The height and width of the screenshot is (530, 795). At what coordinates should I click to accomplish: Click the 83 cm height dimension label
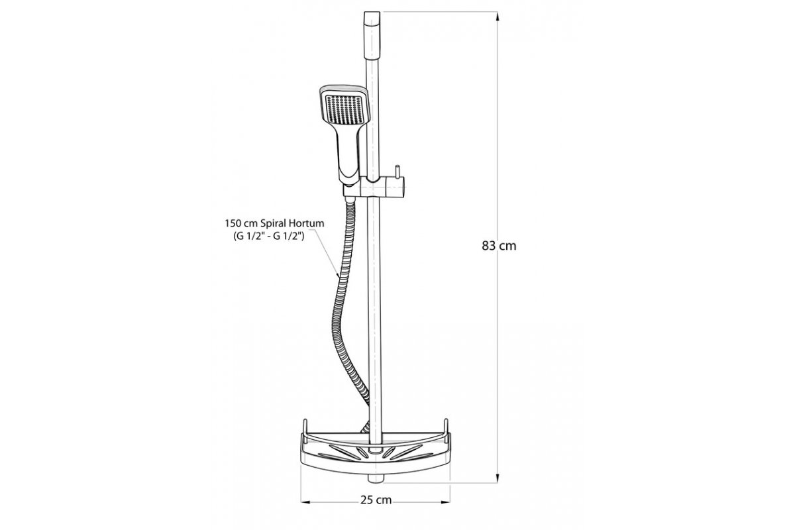click(499, 246)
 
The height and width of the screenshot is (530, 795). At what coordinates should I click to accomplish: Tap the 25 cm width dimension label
click(376, 500)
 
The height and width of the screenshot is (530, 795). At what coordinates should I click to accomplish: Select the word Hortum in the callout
click(306, 223)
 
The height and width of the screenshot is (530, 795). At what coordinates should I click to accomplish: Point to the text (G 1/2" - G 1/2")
click(269, 237)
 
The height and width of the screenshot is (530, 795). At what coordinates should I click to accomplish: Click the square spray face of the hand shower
click(344, 109)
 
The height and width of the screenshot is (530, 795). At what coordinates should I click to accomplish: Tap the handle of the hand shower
click(348, 152)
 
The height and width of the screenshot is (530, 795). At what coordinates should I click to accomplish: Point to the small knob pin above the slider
click(397, 173)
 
